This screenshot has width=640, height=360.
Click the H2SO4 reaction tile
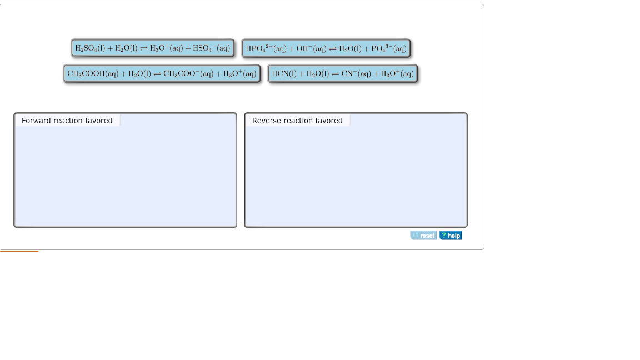coord(153,48)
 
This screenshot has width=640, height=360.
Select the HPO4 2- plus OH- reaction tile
coord(326,48)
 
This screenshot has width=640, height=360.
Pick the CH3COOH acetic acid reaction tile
coord(162,73)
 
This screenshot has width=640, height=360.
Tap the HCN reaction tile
coord(343,73)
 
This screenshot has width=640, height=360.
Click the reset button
coord(424,236)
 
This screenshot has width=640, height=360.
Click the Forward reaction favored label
coord(67,121)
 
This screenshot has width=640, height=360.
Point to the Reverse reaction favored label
coord(297,121)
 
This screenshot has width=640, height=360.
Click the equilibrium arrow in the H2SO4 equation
coord(144,48)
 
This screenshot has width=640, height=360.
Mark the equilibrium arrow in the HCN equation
coord(335,74)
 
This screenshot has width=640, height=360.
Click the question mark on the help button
coord(444,236)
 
